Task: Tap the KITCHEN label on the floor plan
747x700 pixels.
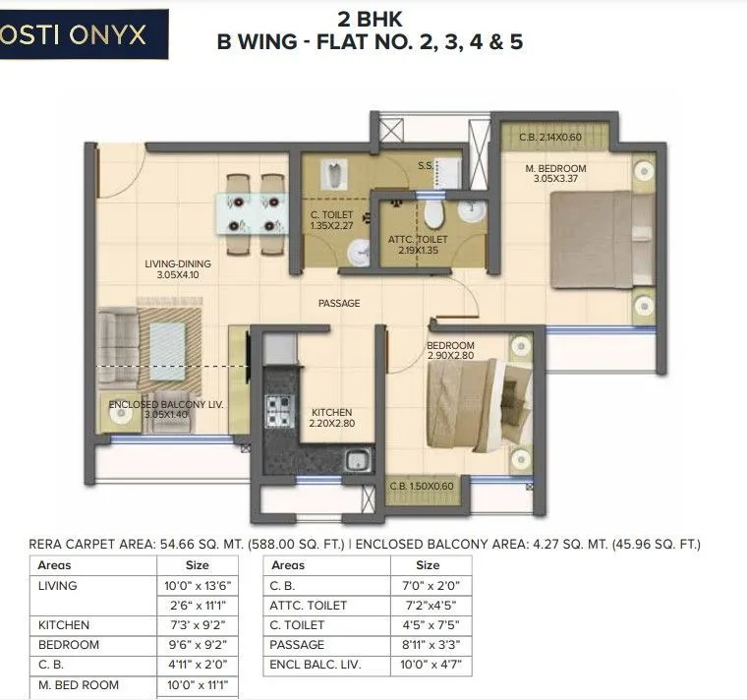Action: point(331,412)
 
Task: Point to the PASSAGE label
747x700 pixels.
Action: point(338,304)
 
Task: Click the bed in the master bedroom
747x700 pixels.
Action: point(599,239)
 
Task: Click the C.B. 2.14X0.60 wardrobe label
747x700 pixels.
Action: point(550,138)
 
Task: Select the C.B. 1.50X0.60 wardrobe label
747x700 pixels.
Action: point(422,487)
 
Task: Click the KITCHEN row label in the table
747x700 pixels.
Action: point(64,624)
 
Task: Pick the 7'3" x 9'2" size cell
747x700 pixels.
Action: point(197,624)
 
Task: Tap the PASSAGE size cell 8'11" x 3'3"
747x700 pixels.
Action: point(427,644)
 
